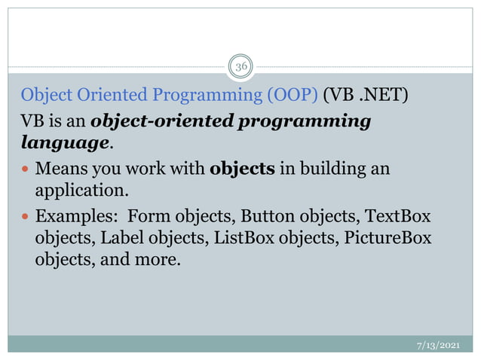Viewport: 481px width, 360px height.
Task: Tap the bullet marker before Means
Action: (26, 168)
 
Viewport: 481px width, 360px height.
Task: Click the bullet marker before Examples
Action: (26, 217)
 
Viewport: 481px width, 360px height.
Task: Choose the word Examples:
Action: (76, 217)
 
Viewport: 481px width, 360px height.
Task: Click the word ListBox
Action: (242, 239)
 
